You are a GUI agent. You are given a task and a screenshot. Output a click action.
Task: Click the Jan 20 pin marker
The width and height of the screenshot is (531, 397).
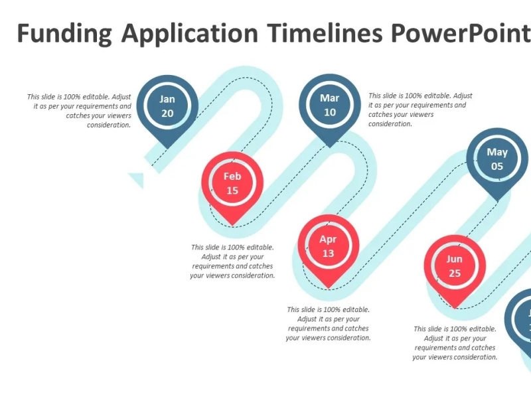point(167,106)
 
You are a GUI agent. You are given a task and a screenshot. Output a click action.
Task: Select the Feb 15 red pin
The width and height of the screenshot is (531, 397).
point(232,184)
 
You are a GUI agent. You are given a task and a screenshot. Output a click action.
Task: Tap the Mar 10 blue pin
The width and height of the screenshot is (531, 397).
point(330,105)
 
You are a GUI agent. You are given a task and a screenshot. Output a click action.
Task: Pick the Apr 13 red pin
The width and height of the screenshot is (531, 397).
point(328,246)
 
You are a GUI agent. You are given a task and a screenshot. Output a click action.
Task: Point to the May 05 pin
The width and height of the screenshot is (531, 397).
point(497,159)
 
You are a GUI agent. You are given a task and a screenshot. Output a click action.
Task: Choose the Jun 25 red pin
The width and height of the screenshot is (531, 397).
point(455,266)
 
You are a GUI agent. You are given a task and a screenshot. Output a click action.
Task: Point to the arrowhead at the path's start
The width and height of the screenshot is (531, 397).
point(138,179)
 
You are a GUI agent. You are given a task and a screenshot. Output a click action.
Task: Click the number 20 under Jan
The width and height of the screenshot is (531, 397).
point(167,114)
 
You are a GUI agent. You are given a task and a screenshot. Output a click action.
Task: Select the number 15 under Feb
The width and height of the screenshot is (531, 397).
point(232,191)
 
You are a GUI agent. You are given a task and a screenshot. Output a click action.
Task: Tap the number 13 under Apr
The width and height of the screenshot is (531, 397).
point(328,254)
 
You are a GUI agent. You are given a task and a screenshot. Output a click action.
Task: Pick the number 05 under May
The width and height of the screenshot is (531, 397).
point(497,167)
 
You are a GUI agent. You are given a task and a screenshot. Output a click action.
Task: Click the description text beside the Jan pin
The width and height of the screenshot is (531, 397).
point(80,110)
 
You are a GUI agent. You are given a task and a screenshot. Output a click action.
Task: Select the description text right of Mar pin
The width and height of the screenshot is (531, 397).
point(420,110)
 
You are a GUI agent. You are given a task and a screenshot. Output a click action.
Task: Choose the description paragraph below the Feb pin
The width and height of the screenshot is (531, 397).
point(232,261)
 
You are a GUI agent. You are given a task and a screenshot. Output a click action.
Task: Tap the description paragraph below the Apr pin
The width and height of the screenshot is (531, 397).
point(328,323)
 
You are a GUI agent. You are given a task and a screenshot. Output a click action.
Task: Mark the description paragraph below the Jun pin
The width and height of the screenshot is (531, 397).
point(455,343)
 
